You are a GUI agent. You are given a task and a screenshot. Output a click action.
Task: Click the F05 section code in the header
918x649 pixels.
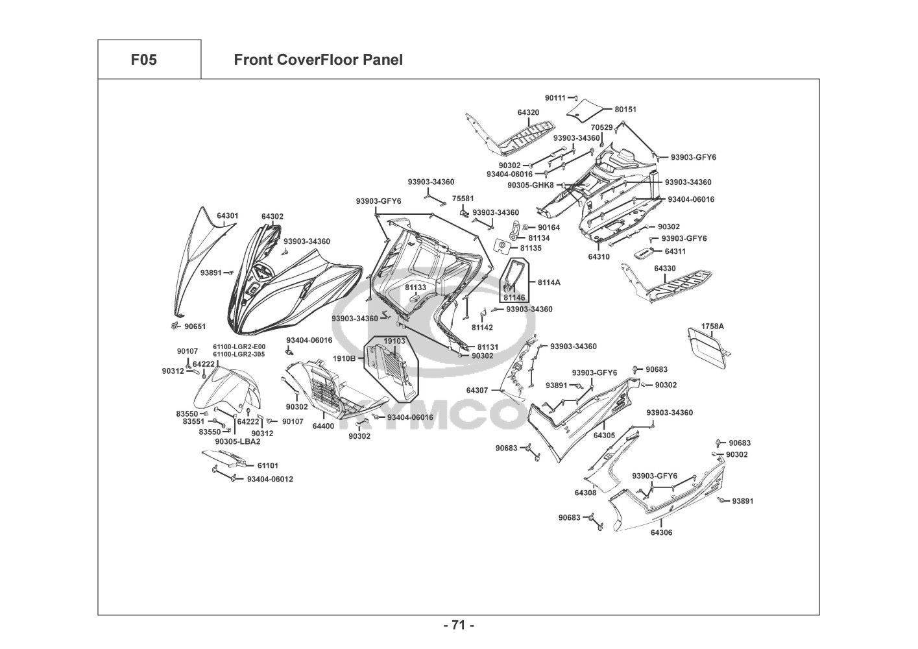click(143, 60)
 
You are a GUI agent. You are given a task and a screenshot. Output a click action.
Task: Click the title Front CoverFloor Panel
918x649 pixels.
click(318, 60)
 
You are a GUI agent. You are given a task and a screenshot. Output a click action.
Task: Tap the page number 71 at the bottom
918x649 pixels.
click(459, 626)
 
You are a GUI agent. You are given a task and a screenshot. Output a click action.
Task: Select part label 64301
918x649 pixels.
click(227, 215)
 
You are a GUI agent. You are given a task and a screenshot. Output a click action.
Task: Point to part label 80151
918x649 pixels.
click(625, 110)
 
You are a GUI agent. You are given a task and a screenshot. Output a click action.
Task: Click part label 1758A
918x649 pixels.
click(712, 326)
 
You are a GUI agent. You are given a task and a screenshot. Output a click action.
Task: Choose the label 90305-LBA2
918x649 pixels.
click(237, 442)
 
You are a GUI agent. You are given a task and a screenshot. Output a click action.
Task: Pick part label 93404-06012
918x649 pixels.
click(270, 480)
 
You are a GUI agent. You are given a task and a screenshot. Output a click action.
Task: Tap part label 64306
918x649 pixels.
click(661, 533)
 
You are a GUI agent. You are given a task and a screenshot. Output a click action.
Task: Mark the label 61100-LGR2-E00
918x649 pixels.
click(239, 347)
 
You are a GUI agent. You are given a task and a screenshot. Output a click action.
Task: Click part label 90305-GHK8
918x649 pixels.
click(530, 185)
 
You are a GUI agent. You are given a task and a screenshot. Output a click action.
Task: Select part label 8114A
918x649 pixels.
click(549, 282)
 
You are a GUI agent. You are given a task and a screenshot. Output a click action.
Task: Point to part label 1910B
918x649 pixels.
click(344, 358)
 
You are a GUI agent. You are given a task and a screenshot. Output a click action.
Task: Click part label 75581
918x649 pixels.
click(463, 199)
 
